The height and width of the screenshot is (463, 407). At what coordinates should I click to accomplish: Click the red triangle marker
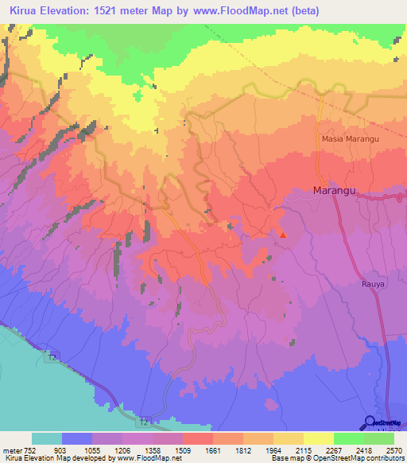click(283, 234)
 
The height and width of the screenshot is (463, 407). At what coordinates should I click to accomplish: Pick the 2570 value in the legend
click(394, 448)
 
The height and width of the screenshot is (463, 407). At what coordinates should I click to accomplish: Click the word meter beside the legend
click(12, 448)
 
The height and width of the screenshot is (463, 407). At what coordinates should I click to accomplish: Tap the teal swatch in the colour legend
click(47, 438)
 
